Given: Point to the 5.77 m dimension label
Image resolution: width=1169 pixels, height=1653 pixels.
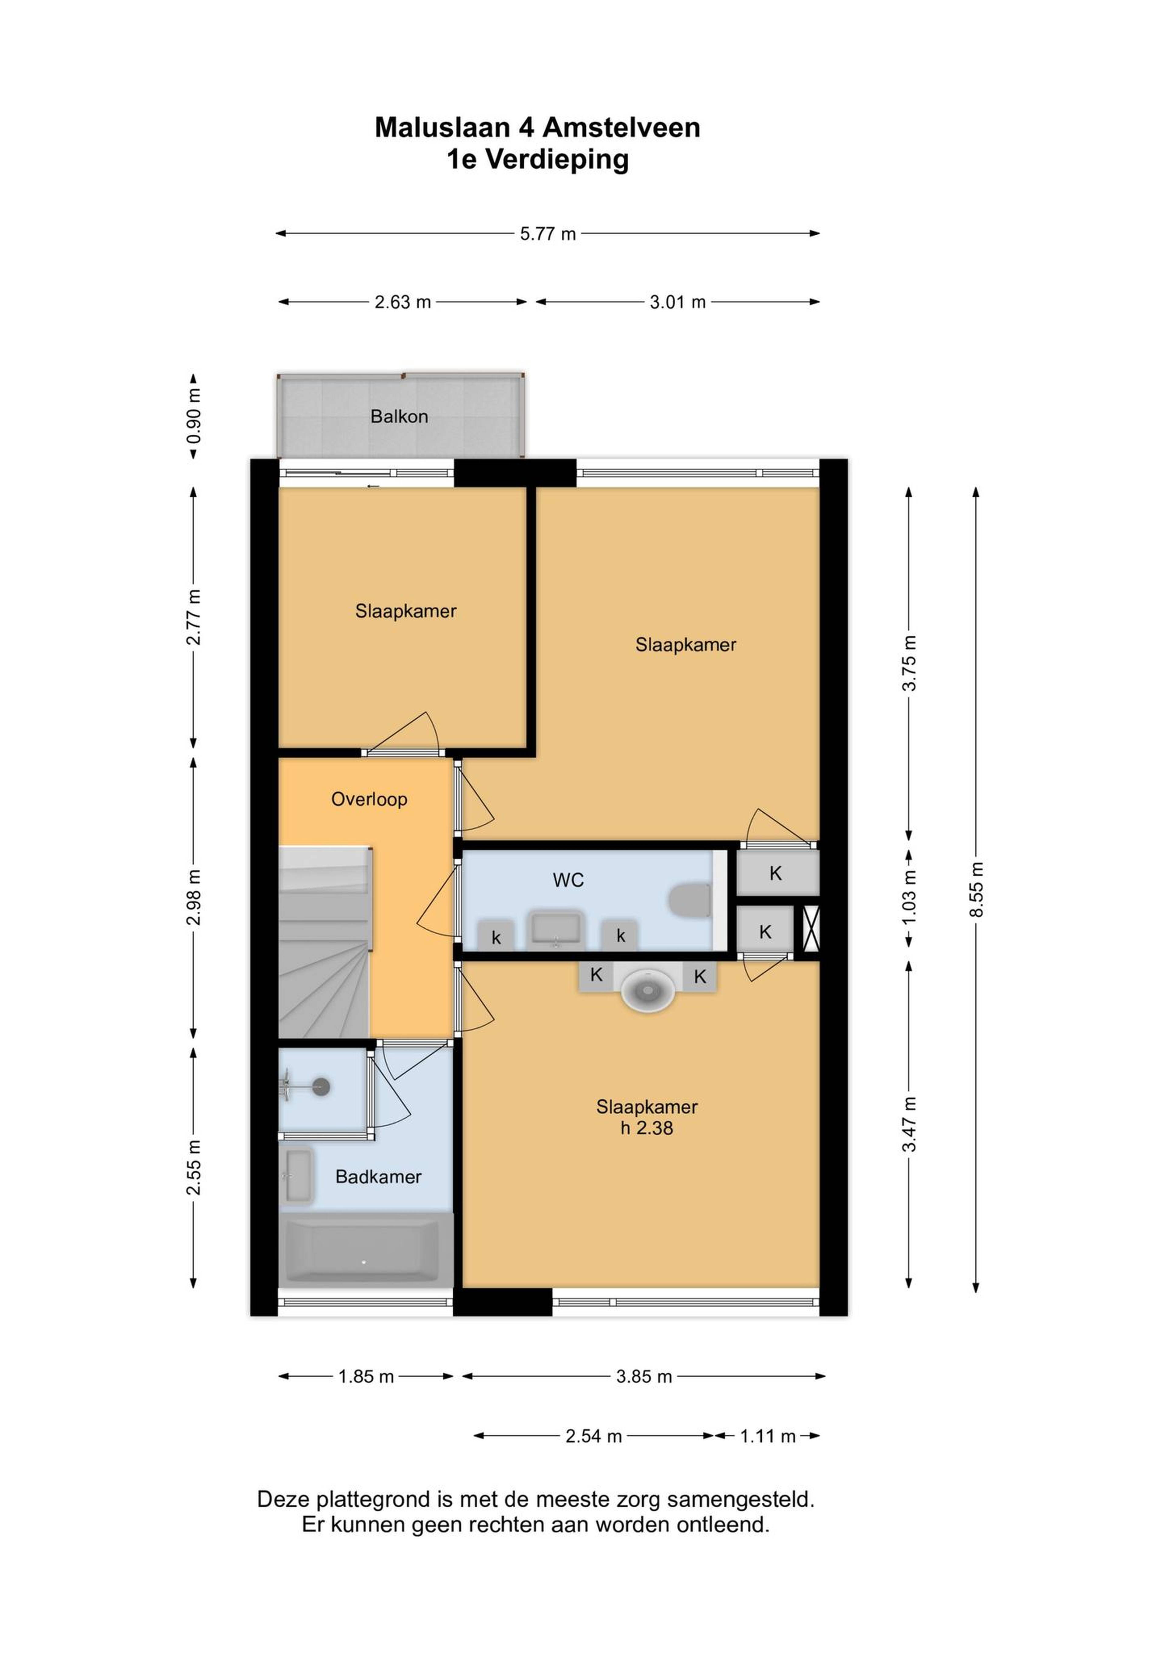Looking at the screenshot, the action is pos(548,234).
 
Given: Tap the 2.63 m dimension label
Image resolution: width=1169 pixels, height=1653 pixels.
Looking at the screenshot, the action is pos(403,302).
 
